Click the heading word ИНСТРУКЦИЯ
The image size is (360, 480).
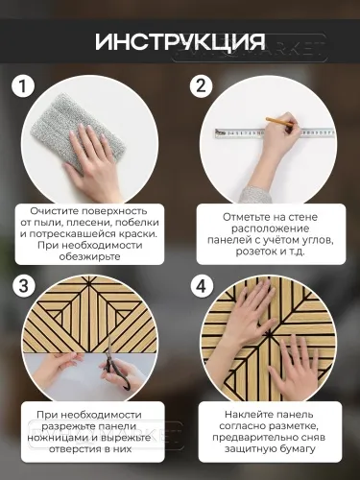click(x=180, y=43)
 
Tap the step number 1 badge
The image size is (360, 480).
click(x=24, y=86)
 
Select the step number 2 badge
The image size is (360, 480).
click(x=201, y=86)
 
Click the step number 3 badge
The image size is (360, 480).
click(x=24, y=286)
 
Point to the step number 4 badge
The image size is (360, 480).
click(x=201, y=286)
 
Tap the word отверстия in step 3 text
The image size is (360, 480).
click(x=67, y=460)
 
